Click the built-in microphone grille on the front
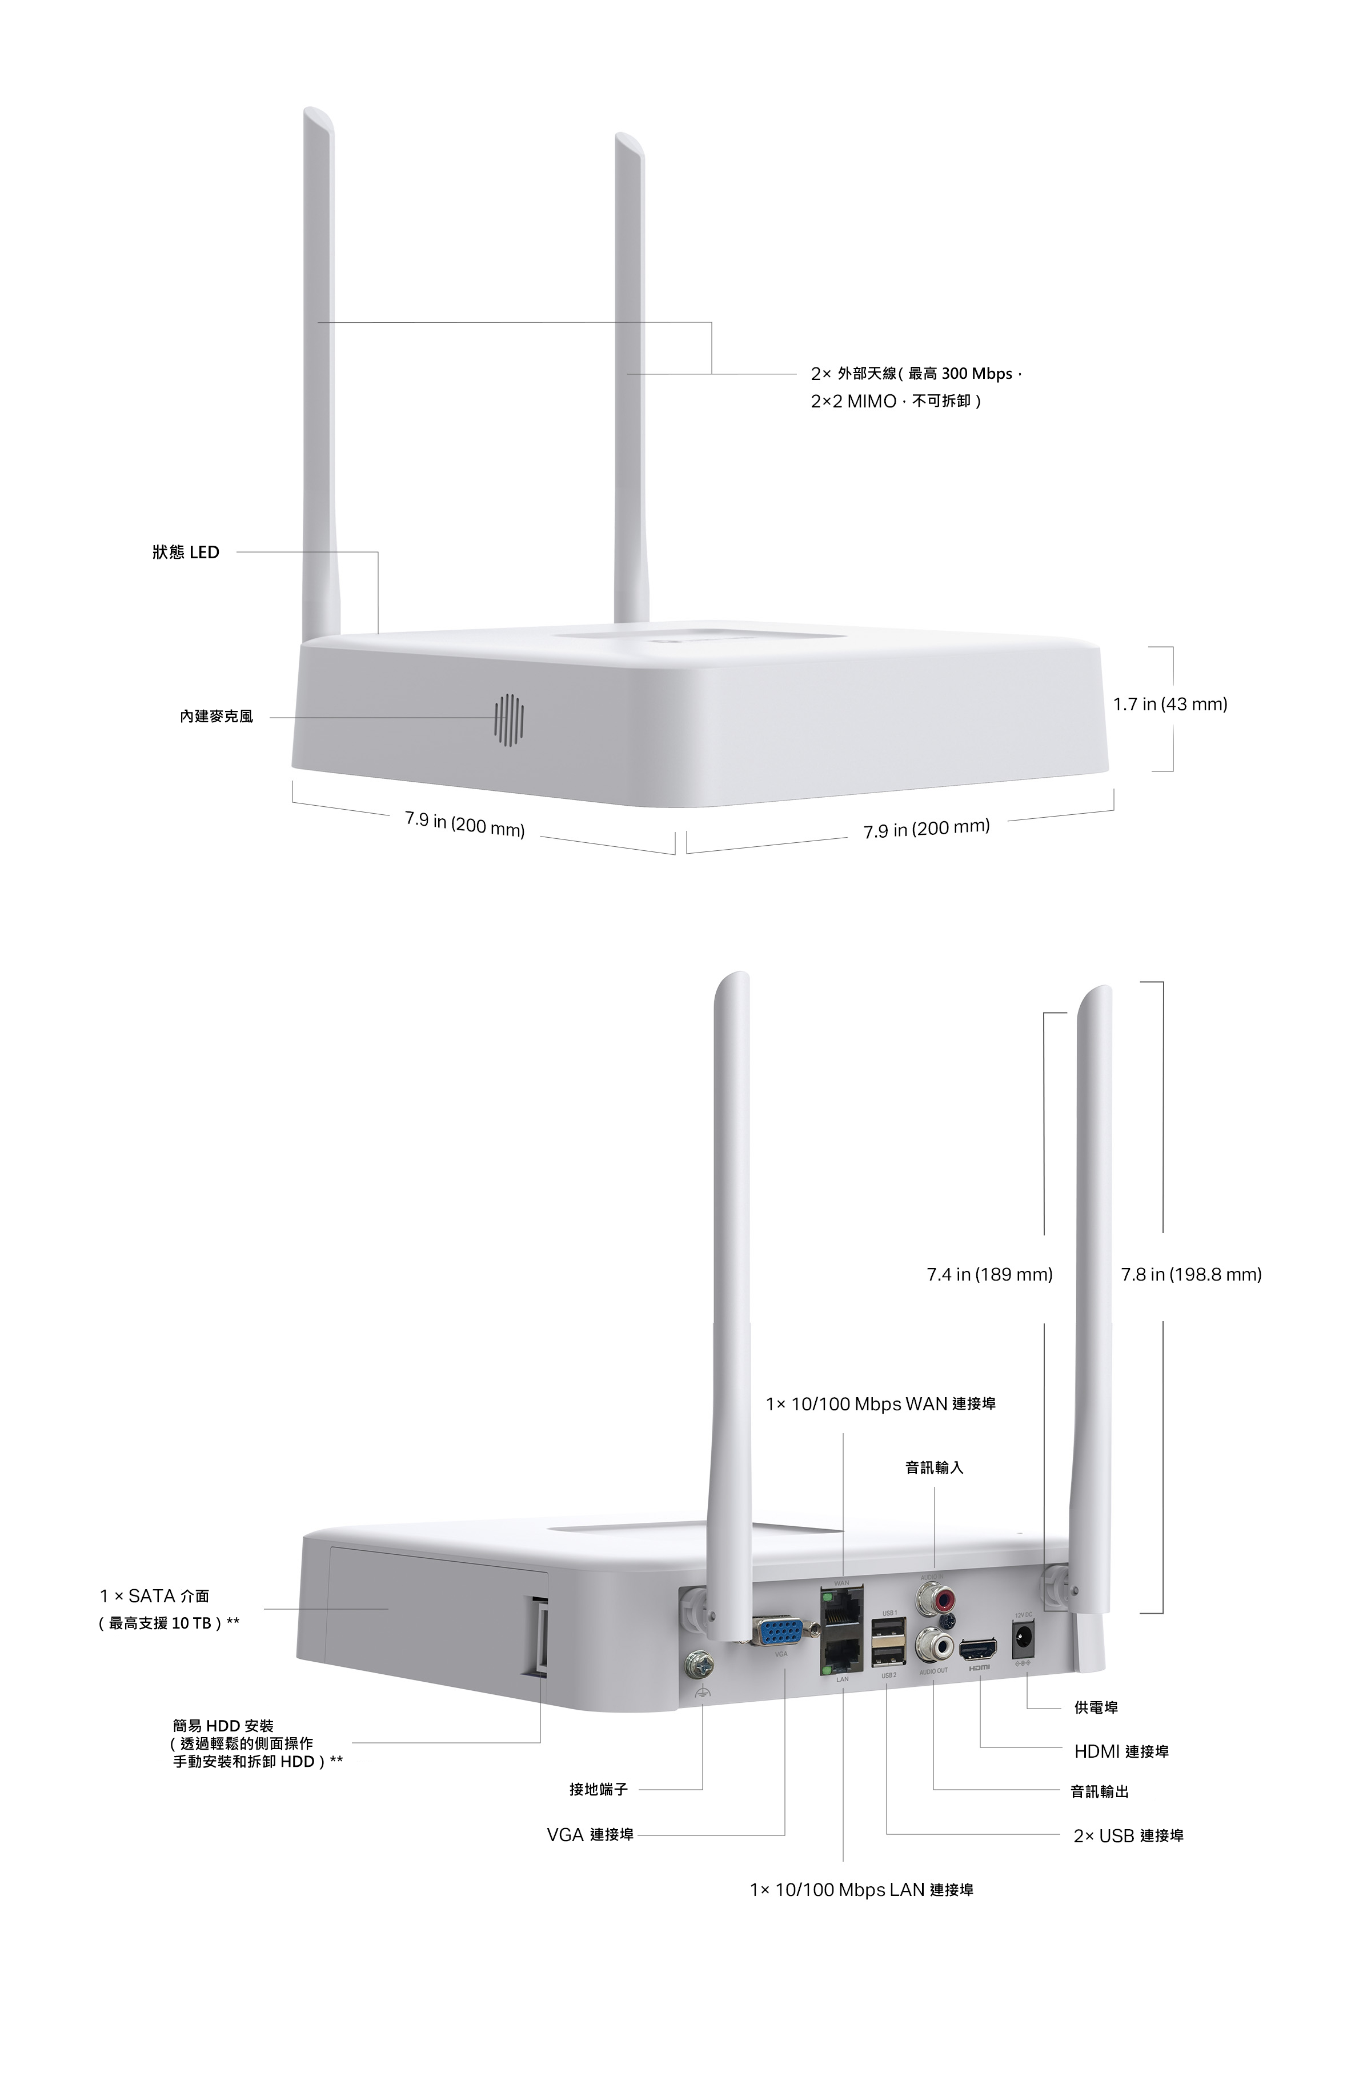508,719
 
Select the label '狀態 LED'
185,552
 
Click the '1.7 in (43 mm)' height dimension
1169,705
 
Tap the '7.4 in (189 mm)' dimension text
990,1274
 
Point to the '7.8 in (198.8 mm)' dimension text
1192,1274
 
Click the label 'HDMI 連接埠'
1121,1751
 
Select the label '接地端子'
599,1789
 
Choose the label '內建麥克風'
216,717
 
